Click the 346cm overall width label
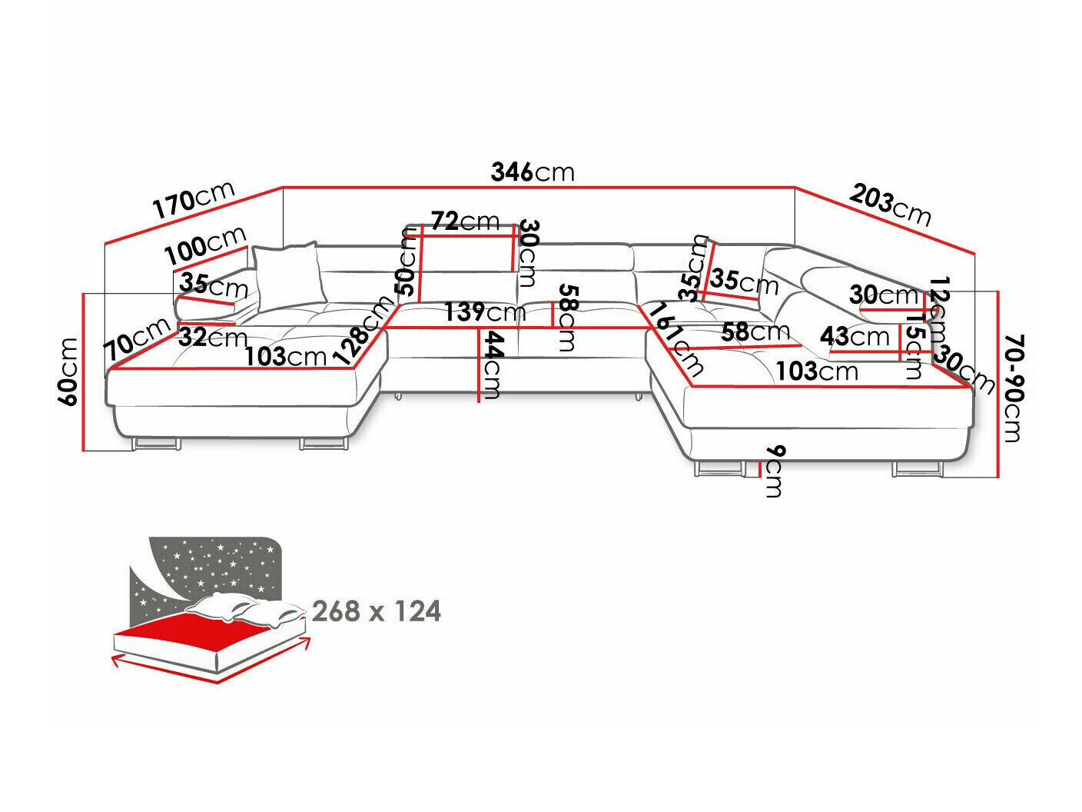(532, 172)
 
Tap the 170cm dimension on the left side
(193, 202)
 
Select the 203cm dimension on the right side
(890, 205)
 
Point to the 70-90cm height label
(1013, 388)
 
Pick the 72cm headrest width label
(465, 221)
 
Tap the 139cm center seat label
(484, 312)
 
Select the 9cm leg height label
(772, 470)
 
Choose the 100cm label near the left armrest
(206, 244)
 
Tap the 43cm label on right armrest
(854, 336)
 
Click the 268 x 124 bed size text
(377, 611)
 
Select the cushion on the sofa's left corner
(287, 273)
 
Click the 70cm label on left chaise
(138, 339)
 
